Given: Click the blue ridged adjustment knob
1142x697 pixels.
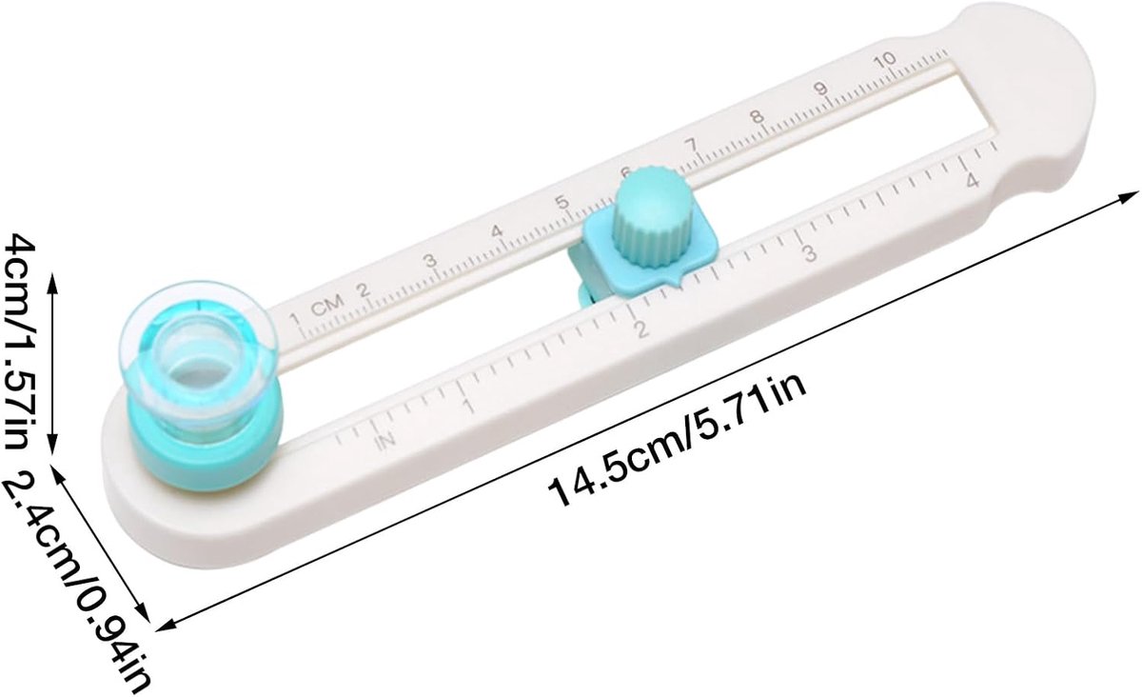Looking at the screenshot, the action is coord(645,217).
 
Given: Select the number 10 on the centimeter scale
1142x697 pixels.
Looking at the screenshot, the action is coord(885,61).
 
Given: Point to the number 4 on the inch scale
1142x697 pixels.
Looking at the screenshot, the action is coord(973,180).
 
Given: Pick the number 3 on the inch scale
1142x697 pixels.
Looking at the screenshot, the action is coord(809,253).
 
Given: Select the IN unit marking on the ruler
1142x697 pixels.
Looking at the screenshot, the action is coord(386,441).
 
